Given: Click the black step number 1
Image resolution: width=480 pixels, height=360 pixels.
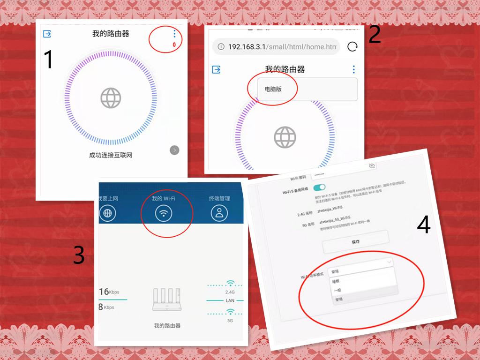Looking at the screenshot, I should (x=49, y=60).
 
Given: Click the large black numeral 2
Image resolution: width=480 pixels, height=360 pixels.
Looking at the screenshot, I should (x=375, y=35).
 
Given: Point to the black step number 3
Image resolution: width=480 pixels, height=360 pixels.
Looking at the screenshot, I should (x=79, y=255).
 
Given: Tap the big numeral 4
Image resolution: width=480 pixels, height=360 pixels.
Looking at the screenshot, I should (x=423, y=225).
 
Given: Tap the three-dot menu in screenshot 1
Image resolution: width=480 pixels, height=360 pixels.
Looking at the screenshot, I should (x=174, y=34).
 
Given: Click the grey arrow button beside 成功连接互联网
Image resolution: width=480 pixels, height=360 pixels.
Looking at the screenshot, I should (x=174, y=150).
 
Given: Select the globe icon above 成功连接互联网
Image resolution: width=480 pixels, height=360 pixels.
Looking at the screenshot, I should (x=111, y=98).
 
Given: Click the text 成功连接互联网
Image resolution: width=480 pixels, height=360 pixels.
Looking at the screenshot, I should (x=111, y=155).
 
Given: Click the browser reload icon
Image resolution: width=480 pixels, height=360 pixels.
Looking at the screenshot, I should (x=352, y=46).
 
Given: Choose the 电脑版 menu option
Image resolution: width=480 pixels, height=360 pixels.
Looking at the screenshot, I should (x=273, y=89).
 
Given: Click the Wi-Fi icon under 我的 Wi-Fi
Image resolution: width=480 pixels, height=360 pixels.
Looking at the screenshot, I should (x=164, y=213).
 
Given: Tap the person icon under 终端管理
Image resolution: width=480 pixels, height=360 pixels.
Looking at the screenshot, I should (x=219, y=213).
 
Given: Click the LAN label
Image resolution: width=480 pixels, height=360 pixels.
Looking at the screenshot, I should (x=230, y=300).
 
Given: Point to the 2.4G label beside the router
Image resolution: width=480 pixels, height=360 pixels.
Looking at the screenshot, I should (x=230, y=292).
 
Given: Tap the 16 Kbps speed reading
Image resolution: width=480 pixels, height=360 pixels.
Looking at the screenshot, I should (x=109, y=292).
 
